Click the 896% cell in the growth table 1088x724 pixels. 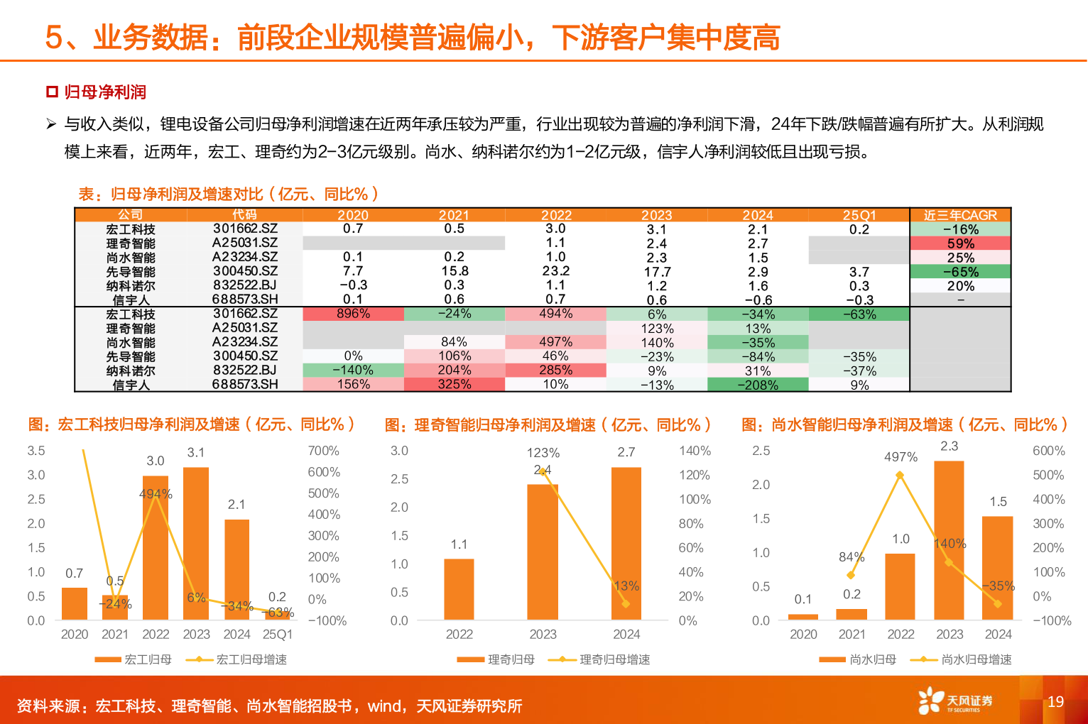353,314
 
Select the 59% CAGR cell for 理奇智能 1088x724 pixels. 960,243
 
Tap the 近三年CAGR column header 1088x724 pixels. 960,215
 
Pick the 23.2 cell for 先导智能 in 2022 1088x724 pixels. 555,271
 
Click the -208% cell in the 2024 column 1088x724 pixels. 758,385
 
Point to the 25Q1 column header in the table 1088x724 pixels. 859,215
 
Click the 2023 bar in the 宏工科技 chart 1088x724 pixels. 196,543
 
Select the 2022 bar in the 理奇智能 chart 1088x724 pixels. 459,589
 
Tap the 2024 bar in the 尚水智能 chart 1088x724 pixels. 997,568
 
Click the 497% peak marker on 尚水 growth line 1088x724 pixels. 900,476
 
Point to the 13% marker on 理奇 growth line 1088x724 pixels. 626,603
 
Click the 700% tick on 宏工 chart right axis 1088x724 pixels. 324,451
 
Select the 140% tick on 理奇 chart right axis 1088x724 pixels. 695,451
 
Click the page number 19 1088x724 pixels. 1055,702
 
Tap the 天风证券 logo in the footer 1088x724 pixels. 954,701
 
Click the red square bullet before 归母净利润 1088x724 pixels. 52,92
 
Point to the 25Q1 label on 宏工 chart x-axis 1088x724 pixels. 277,634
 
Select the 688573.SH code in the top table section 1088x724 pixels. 245,300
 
